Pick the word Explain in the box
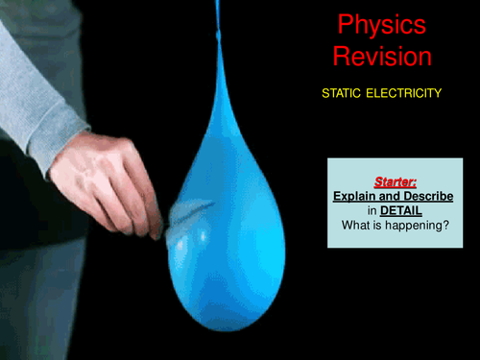[352, 194]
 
